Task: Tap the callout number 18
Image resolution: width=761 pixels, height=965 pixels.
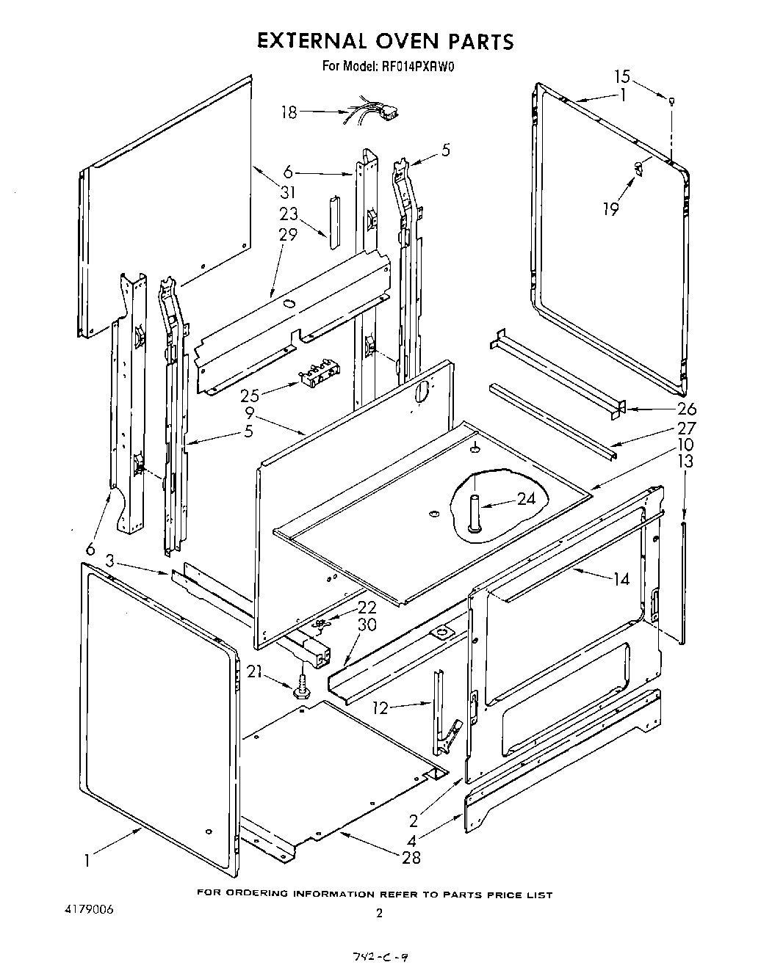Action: [289, 112]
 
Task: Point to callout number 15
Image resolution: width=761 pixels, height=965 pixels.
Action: [622, 76]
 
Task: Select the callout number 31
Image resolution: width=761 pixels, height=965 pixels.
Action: [287, 192]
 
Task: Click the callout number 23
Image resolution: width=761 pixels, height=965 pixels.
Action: [288, 215]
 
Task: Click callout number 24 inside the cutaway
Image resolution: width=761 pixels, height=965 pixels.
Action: [526, 498]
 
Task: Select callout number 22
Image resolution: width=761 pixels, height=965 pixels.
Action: [367, 607]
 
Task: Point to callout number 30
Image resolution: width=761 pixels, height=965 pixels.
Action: [367, 624]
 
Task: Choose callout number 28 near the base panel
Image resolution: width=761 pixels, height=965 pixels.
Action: [411, 856]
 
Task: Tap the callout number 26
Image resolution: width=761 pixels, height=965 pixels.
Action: [686, 409]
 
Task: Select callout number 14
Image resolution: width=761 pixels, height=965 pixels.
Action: [621, 579]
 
